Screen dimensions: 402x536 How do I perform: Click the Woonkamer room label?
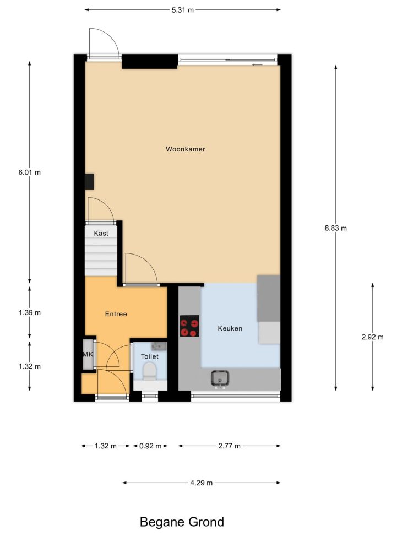185,149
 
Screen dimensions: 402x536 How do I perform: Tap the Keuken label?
230,328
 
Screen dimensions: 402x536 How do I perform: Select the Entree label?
116,314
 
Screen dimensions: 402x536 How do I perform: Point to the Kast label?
101,233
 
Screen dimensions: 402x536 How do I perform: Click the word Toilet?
150,356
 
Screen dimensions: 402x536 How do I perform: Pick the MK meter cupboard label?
88,354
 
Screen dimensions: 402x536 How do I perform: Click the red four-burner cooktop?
189,326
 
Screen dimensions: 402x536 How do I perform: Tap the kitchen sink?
220,379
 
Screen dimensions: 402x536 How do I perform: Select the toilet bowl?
149,371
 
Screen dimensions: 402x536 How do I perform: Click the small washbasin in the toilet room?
159,346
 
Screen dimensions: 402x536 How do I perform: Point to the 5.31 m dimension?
182,10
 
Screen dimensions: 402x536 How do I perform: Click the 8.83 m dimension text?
336,228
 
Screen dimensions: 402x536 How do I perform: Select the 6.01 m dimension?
29,172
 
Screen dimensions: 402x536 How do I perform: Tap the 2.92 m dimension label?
373,337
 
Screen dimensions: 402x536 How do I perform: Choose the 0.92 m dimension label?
150,446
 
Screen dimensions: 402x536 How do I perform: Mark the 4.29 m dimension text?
202,483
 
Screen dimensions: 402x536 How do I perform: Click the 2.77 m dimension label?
230,446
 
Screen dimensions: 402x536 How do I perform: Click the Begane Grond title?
182,522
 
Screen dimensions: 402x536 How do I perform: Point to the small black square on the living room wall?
89,181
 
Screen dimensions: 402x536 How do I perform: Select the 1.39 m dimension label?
29,312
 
